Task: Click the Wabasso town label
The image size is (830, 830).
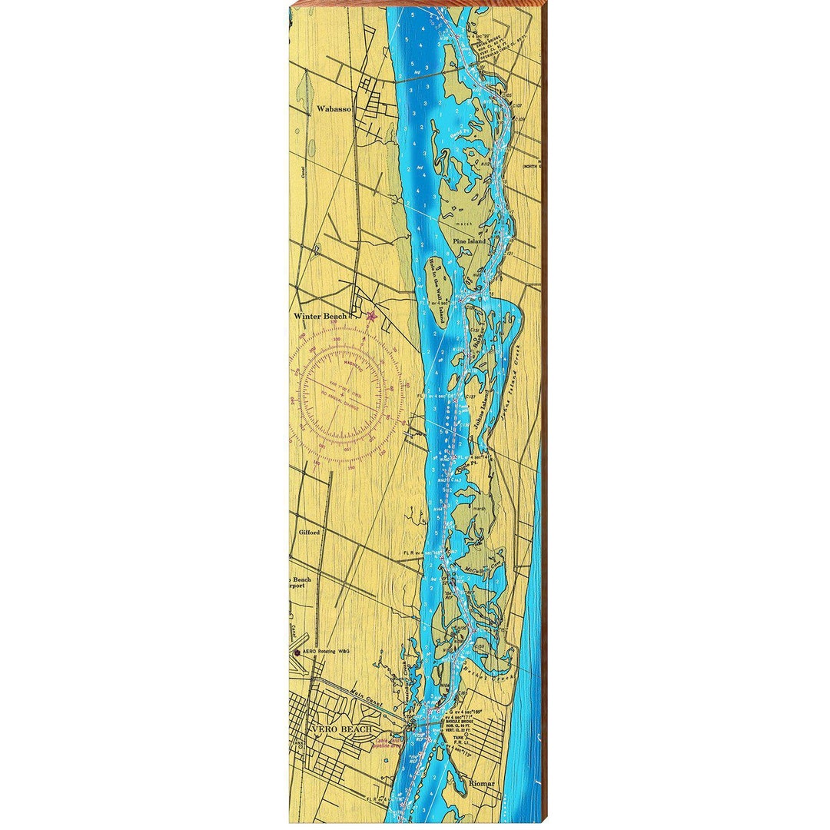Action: [x=334, y=109]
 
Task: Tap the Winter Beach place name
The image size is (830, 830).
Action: [x=320, y=316]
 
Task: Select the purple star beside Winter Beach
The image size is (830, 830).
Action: [x=372, y=316]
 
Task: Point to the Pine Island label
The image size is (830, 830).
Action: [x=470, y=241]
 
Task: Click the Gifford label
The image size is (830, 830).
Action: [x=309, y=532]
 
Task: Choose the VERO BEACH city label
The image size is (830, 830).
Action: [x=340, y=729]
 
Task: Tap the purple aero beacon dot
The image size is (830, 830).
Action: [x=297, y=652]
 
